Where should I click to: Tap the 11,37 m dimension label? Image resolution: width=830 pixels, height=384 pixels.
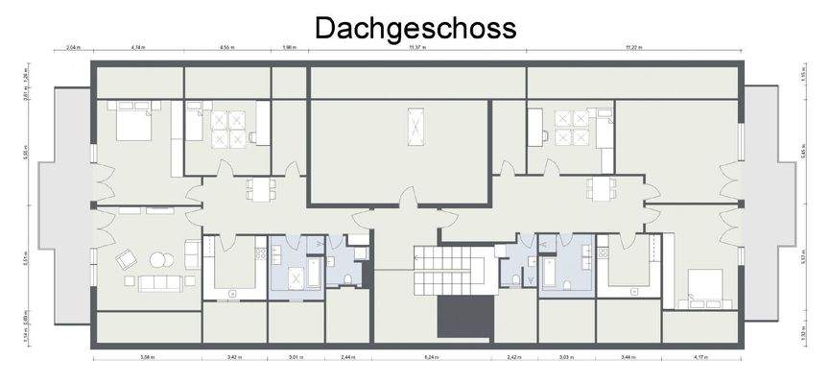click(416, 46)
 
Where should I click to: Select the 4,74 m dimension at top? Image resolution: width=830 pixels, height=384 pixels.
click(137, 46)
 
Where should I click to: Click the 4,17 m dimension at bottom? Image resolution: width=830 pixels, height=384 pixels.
click(700, 357)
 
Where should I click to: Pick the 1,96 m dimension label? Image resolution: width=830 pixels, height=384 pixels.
click(289, 46)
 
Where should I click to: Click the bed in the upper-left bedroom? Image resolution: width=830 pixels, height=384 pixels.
click(130, 122)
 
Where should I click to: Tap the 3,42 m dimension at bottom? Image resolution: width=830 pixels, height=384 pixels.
click(234, 357)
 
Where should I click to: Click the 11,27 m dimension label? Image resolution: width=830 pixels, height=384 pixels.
click(633, 46)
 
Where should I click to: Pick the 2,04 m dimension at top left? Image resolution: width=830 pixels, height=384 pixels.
click(73, 46)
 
